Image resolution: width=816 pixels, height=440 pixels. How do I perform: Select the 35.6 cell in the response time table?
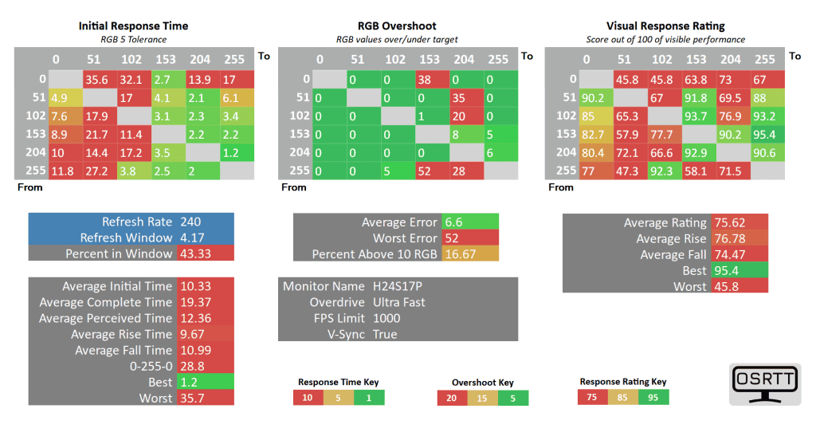click(x=96, y=79)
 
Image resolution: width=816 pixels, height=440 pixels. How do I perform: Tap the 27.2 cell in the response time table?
click(x=96, y=171)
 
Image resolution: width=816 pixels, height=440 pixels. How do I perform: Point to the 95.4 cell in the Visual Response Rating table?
click(x=764, y=134)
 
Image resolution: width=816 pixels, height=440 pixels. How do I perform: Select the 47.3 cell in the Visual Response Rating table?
click(x=626, y=171)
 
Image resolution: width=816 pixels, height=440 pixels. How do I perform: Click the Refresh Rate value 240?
click(x=191, y=222)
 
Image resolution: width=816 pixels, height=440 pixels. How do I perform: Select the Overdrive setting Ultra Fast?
click(x=399, y=302)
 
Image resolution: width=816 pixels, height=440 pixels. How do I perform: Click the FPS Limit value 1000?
click(x=386, y=318)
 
